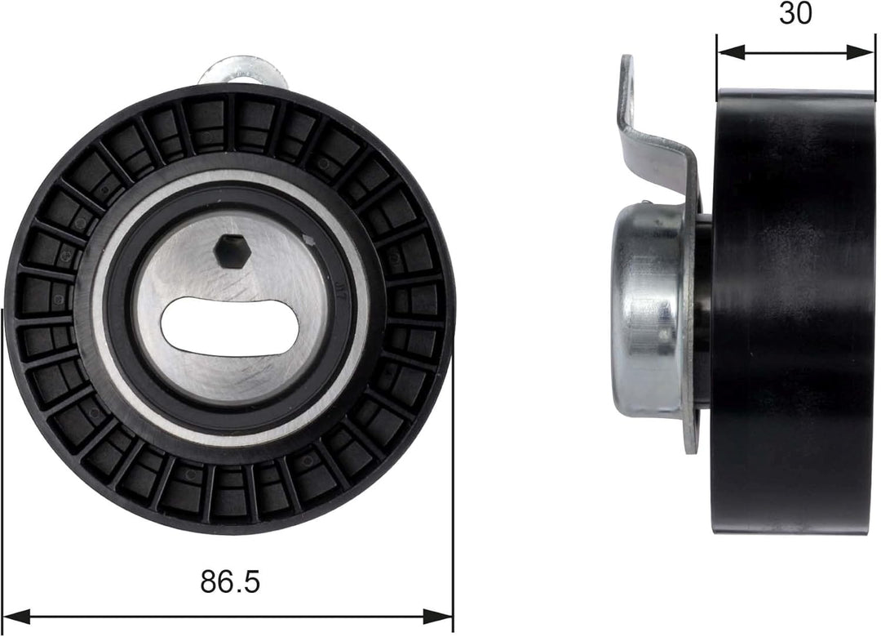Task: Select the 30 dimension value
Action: pos(795,14)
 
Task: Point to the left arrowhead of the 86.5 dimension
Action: pos(16,615)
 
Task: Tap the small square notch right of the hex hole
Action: pos(308,239)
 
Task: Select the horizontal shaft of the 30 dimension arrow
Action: pos(795,51)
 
